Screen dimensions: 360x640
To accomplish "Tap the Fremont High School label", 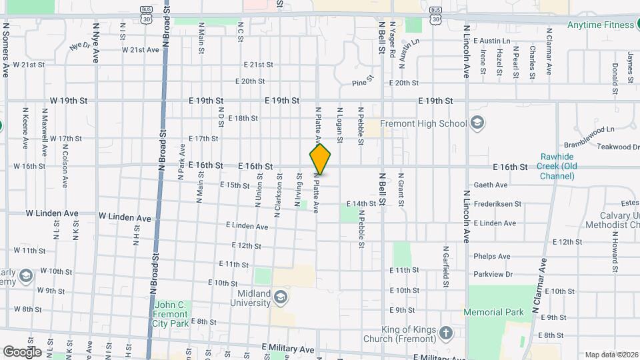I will point(423,123).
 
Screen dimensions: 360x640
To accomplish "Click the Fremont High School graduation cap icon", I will point(477,122).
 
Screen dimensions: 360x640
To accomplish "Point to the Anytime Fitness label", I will point(601,25).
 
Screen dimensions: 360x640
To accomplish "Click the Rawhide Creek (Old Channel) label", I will point(558,166).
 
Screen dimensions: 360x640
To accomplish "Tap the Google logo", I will point(22,351).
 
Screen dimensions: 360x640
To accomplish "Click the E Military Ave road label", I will point(287,349).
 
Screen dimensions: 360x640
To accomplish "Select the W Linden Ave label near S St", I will point(51,214).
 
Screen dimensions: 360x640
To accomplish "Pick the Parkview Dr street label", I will point(493,274).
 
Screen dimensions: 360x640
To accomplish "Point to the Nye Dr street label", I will point(79,47).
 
